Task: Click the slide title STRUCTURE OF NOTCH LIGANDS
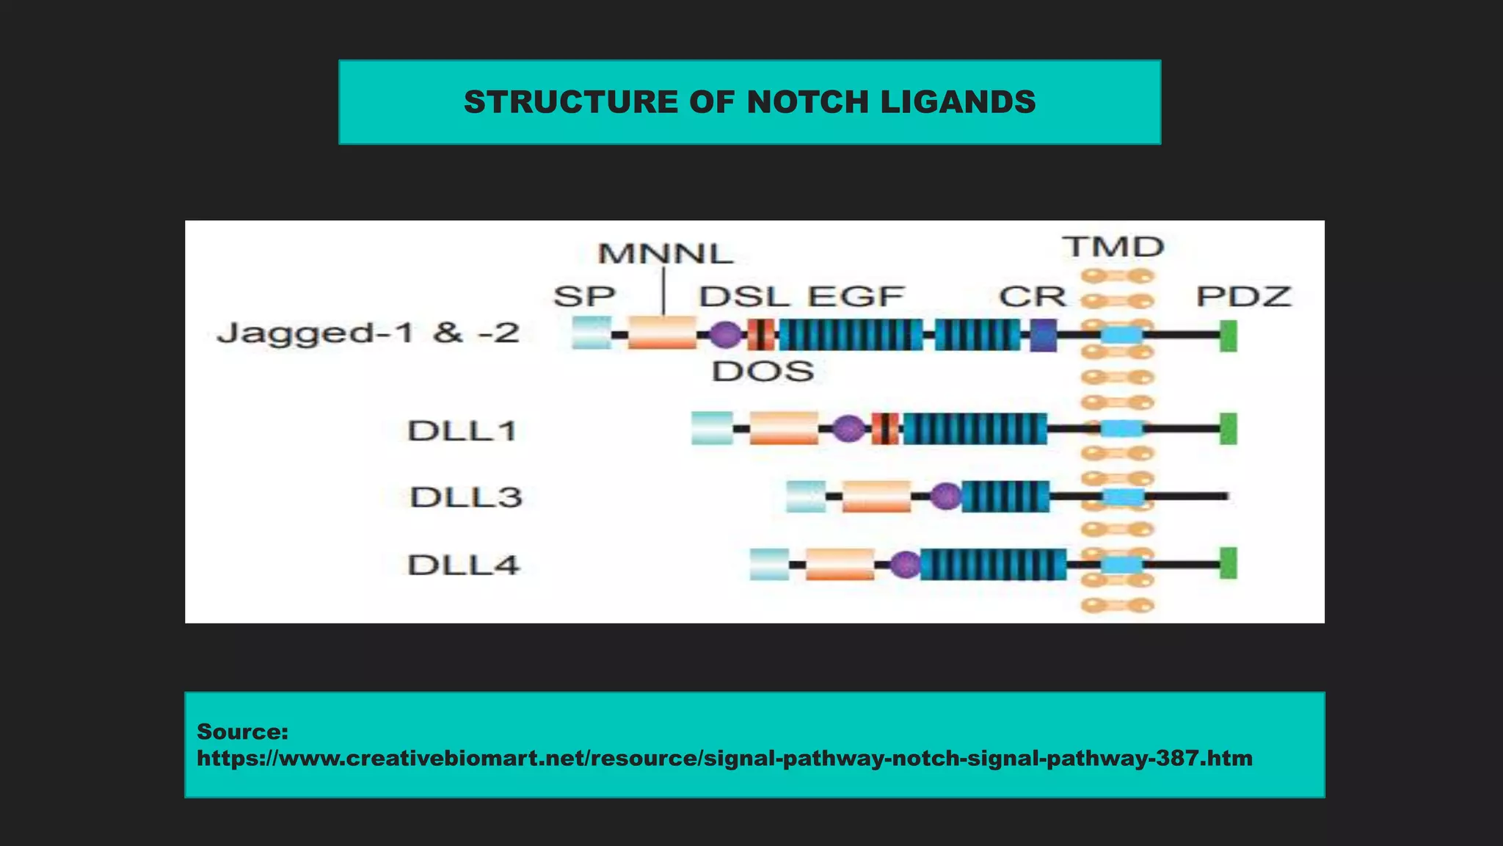749,102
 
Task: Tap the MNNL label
665,254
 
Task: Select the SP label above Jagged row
584,297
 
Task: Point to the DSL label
743,297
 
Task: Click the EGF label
856,297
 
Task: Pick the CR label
1032,297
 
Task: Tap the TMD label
1113,247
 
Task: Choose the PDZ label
1243,297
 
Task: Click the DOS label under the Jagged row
763,372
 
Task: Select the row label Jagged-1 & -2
368,333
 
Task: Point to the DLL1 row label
462,430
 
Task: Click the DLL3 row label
466,497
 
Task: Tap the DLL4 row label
464,565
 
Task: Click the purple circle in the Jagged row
726,335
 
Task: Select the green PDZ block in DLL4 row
1228,563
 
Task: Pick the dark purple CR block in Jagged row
1043,335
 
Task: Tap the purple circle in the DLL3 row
945,496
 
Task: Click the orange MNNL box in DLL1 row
784,428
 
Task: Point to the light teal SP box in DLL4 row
769,564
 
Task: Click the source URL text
724,758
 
